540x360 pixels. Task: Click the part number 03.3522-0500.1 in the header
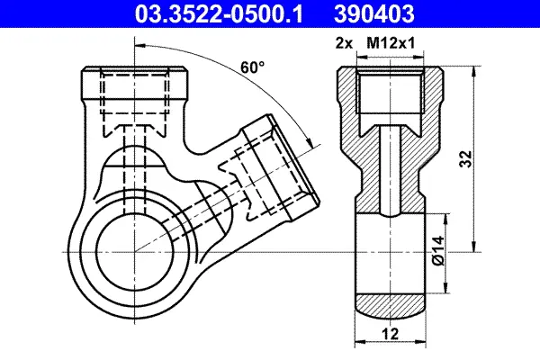219,14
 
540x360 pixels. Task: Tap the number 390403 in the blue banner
374,14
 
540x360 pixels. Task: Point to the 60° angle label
252,67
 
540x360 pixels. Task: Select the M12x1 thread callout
391,43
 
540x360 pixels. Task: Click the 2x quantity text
344,44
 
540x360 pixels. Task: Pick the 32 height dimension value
465,158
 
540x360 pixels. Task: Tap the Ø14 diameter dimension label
437,251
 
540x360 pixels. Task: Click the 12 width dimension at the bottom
391,334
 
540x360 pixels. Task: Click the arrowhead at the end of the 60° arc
309,142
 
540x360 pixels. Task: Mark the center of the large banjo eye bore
135,252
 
